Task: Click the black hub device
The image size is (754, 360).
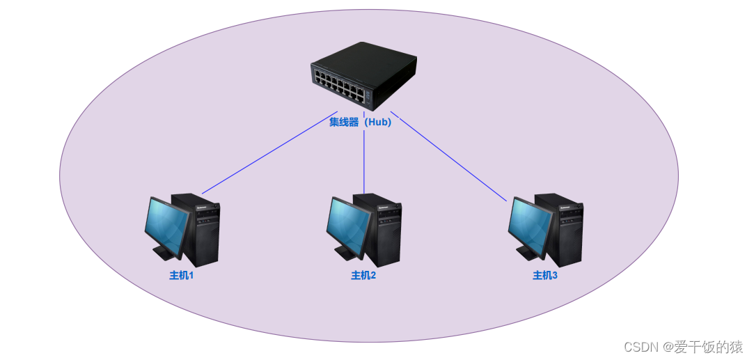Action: point(363,75)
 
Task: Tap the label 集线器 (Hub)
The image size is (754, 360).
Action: point(361,122)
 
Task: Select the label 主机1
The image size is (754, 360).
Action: point(181,275)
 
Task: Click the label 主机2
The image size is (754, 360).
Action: point(363,275)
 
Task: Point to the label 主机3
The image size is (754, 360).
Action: point(545,275)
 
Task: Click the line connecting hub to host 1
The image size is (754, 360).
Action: point(268,152)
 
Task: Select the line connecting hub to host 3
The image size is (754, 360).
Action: point(449,157)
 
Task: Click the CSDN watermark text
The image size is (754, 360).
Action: point(683,346)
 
